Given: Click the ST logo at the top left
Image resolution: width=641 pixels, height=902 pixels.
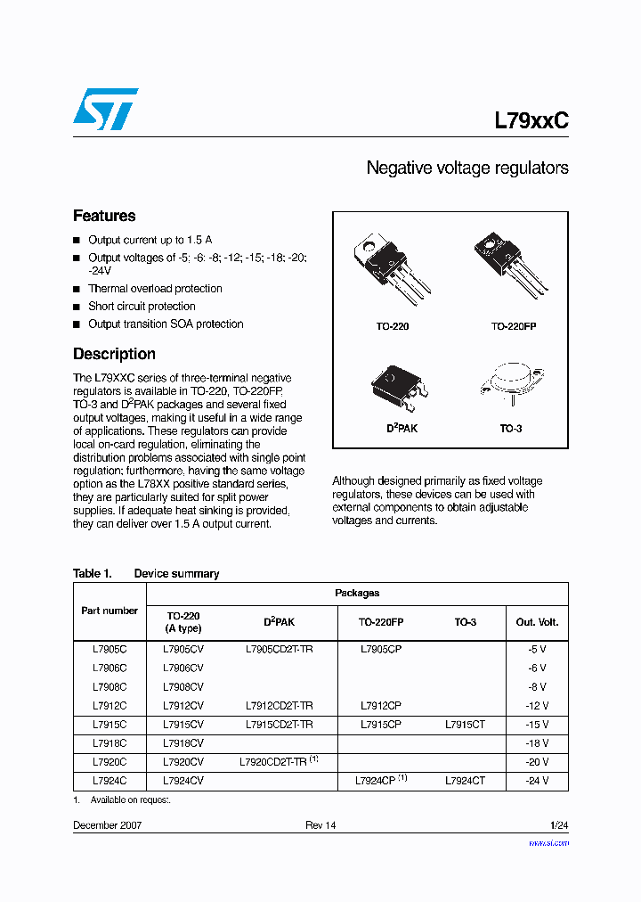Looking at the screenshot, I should [x=105, y=109].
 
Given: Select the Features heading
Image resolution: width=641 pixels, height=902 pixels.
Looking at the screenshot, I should [x=104, y=216].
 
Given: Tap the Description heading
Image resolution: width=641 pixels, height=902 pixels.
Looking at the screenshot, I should [x=114, y=354].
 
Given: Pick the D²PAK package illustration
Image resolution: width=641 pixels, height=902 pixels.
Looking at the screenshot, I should [x=399, y=384].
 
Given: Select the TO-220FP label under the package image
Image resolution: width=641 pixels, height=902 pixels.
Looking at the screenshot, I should [x=514, y=327].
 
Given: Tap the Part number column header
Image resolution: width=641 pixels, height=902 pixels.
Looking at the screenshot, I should [x=110, y=611].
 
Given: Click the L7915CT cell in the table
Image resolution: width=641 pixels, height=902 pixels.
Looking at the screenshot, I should [x=465, y=725].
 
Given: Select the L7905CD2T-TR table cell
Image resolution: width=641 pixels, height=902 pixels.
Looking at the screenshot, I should [x=279, y=650].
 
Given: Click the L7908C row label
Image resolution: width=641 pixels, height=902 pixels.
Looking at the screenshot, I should [x=110, y=687].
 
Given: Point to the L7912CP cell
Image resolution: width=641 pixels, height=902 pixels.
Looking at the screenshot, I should [x=381, y=706].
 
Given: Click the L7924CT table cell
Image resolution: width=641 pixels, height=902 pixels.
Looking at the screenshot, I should [x=465, y=781].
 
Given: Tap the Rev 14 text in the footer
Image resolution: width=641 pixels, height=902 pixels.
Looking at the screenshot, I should [x=320, y=825].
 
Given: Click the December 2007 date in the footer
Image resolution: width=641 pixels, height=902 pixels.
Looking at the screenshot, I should [x=107, y=825].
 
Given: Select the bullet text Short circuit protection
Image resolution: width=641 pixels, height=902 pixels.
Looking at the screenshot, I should [x=142, y=307].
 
